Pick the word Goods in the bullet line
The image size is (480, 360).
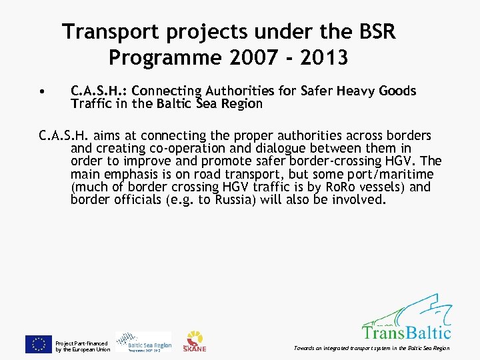tap(397, 91)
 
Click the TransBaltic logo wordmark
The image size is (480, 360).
tap(406, 331)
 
